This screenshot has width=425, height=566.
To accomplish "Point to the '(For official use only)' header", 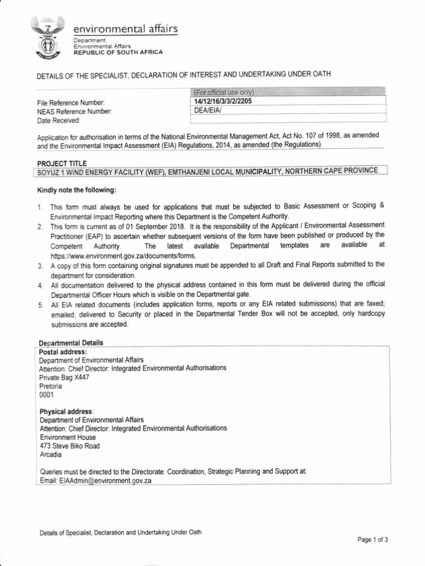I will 222,92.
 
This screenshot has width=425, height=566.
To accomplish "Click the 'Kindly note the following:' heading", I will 76,190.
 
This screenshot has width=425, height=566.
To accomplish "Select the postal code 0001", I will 46,395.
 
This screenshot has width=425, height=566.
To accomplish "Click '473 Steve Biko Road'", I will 70,446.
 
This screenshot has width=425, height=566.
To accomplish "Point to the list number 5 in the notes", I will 40,305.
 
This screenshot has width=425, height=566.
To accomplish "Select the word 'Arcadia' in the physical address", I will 51,454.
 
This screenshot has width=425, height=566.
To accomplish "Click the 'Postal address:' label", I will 62,351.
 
